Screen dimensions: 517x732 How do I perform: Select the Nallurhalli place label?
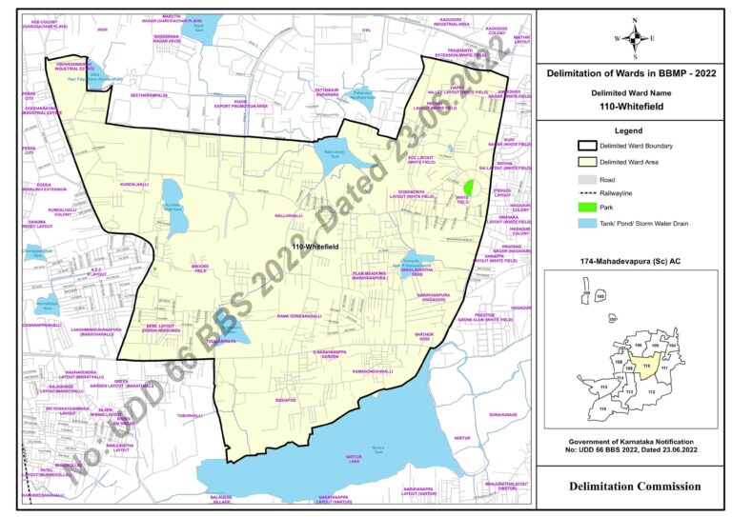tap(288, 216)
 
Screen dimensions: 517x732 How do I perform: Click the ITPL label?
tap(365, 30)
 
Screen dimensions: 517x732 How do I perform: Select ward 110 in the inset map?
tap(645, 365)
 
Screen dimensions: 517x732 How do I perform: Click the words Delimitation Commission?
tap(634, 487)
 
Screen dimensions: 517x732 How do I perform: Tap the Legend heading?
tap(634, 129)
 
